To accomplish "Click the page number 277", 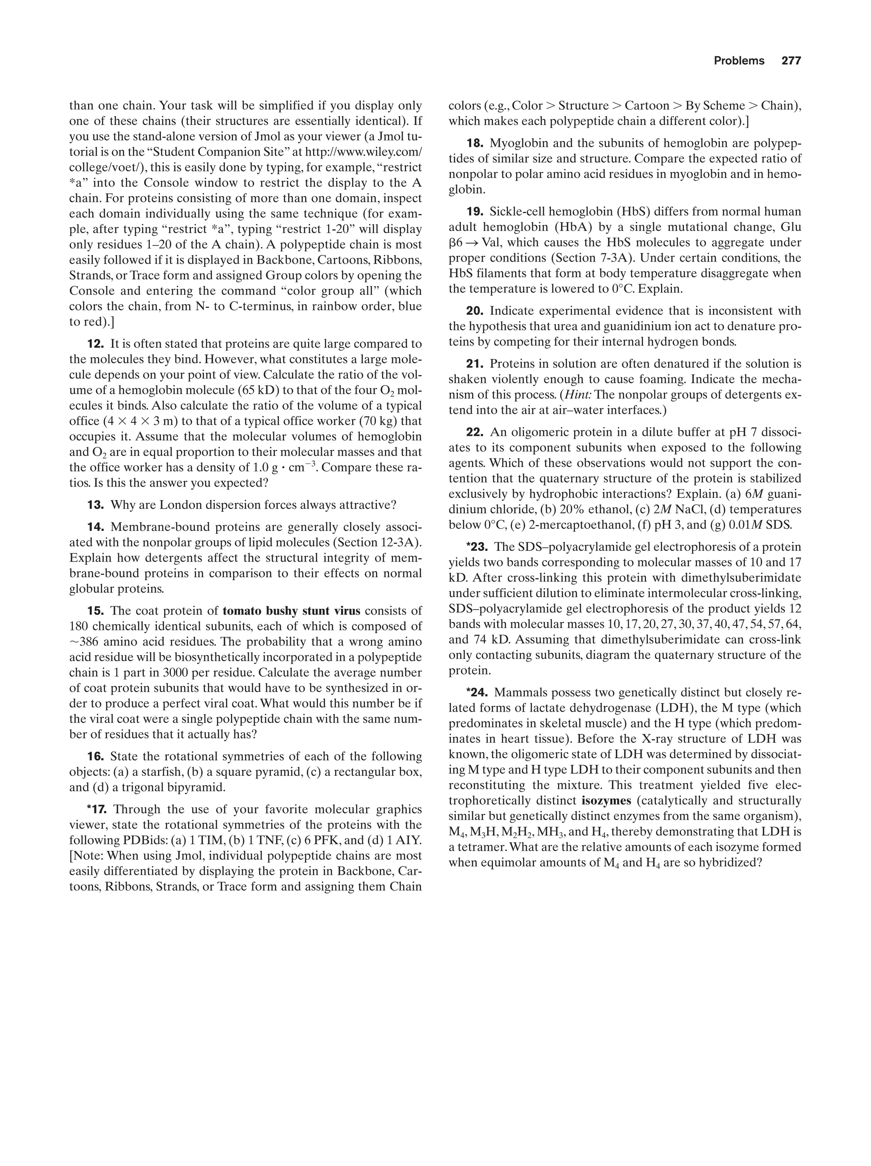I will tap(791, 61).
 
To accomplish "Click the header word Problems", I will tap(739, 61).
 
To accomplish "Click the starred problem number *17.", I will tap(97, 809).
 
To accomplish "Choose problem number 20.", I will tap(475, 311).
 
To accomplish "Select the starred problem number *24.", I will tap(475, 692).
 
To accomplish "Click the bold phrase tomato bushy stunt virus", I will tap(291, 611).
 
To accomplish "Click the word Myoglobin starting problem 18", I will tap(516, 143).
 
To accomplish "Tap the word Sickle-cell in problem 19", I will tap(516, 212).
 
